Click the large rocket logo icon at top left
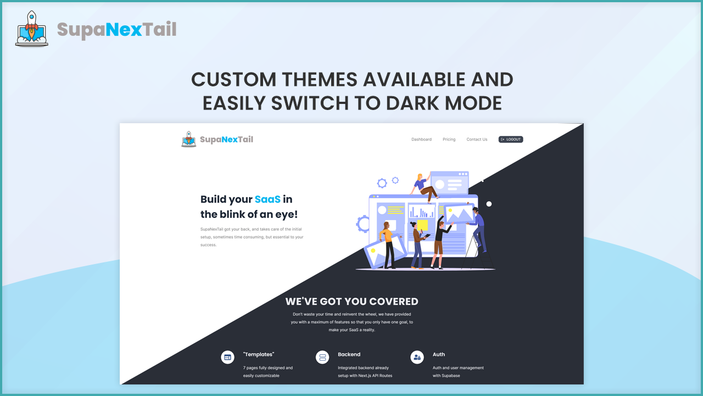pos(32,29)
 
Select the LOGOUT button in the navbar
pos(511,139)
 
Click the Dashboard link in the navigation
pos(421,139)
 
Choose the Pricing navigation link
pos(449,139)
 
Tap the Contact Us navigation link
pos(477,139)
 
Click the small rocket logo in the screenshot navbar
pos(188,139)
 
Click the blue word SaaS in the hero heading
pos(267,199)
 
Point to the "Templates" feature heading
pos(259,354)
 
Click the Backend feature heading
pos(349,354)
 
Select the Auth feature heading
pos(439,354)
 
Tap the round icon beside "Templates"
pos(227,358)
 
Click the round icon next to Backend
pos(322,358)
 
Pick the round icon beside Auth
pos(417,358)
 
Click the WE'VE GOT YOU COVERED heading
pos(352,301)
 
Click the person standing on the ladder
pos(478,229)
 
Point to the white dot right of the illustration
pos(489,204)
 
